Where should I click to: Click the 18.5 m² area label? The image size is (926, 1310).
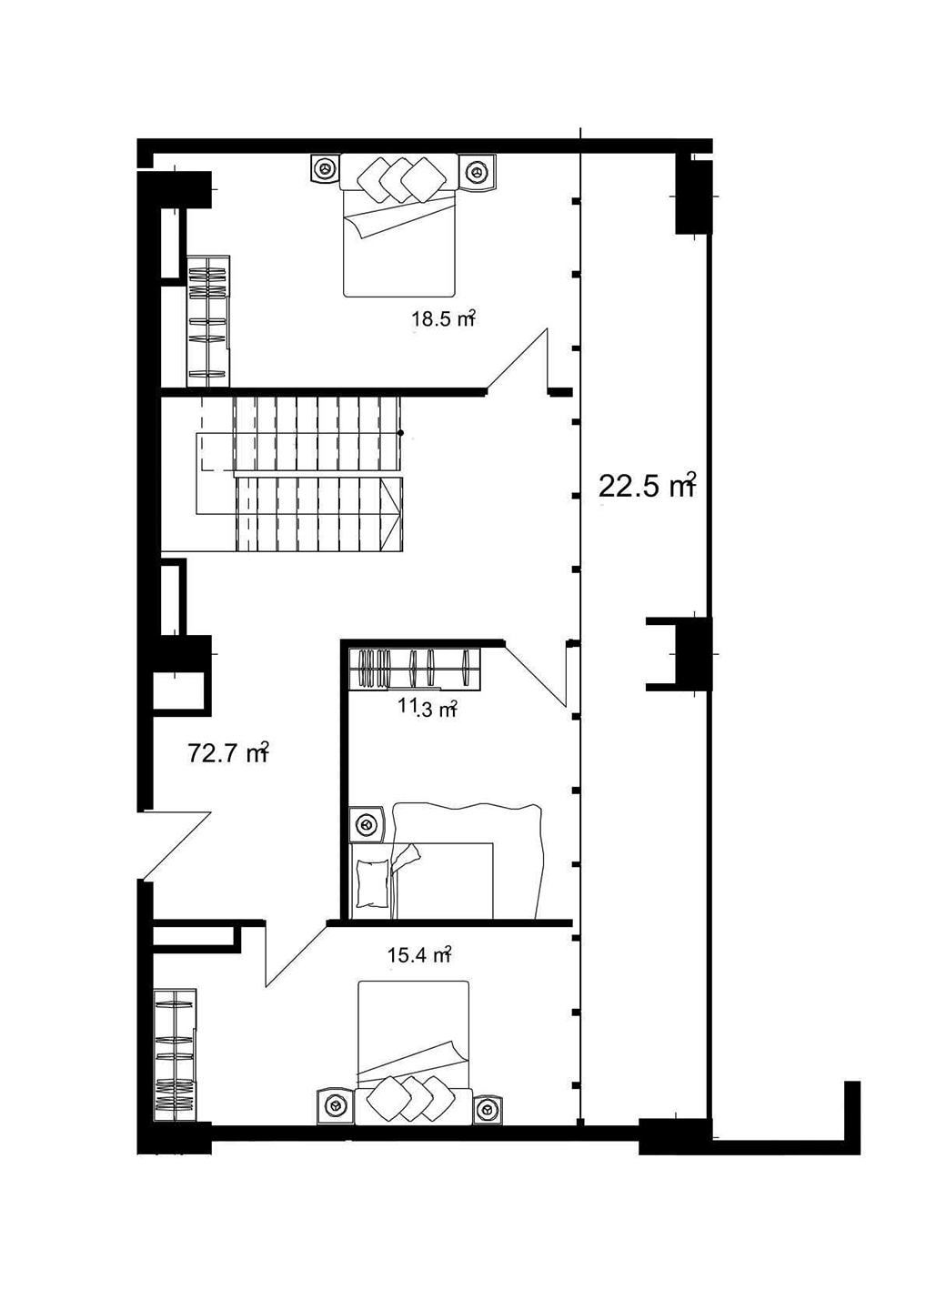(x=444, y=319)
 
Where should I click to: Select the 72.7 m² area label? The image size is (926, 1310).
(x=227, y=753)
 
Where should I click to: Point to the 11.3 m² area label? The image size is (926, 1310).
(x=428, y=708)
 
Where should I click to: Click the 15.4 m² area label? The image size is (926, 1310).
(x=419, y=955)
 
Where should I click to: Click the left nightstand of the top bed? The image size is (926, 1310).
(x=323, y=169)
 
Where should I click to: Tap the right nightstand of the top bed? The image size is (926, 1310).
(x=477, y=171)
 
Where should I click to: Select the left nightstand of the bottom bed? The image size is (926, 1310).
(x=335, y=1106)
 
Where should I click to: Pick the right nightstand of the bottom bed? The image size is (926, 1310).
(x=487, y=1108)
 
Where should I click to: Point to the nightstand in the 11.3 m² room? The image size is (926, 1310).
(x=367, y=824)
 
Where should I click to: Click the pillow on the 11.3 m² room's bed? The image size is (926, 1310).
(x=373, y=881)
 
